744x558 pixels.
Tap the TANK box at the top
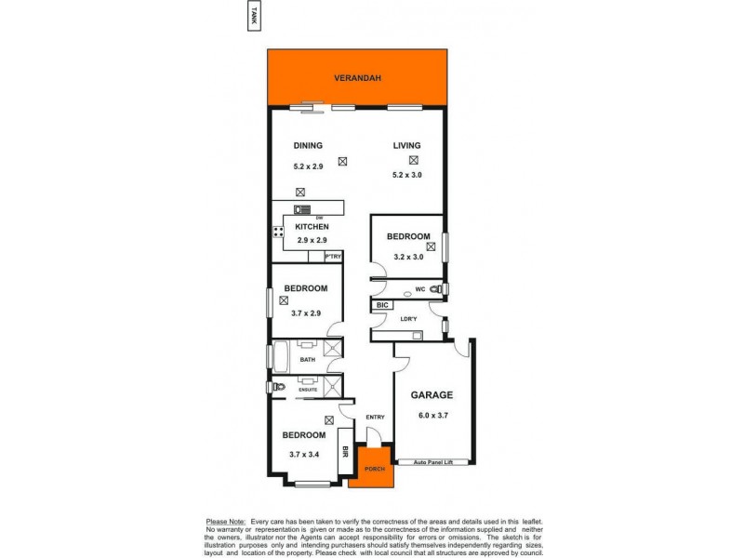(x=252, y=16)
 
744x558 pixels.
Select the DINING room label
(x=308, y=145)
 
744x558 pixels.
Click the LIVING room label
(x=406, y=145)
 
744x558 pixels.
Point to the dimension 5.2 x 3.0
(x=406, y=175)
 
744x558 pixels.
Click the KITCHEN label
(x=312, y=227)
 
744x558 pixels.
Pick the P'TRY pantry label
(x=332, y=256)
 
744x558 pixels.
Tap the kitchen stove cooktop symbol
(x=277, y=232)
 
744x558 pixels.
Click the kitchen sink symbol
(x=303, y=209)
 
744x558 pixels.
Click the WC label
(x=419, y=289)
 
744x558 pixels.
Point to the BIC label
(x=381, y=305)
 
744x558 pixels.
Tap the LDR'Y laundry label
(x=406, y=320)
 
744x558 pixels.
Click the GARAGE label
(x=432, y=394)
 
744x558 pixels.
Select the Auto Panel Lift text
(x=433, y=460)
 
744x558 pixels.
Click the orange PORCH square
(x=374, y=468)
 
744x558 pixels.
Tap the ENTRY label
(x=375, y=417)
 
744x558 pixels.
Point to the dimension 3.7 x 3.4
(x=304, y=454)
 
